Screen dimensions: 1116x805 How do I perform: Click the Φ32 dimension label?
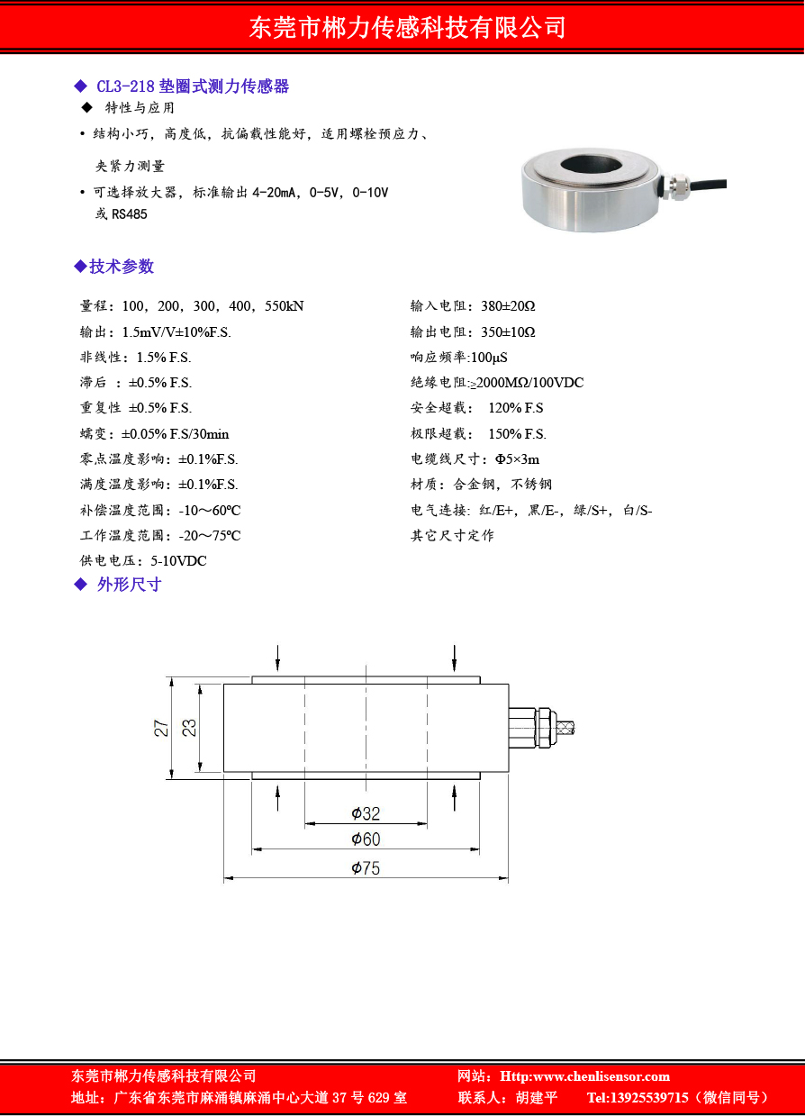pyautogui.click(x=366, y=813)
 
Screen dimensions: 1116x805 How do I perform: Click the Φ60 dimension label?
pyautogui.click(x=366, y=839)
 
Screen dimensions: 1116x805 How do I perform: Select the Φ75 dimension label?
pyautogui.click(x=366, y=867)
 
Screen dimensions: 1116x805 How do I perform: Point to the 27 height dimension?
pyautogui.click(x=161, y=728)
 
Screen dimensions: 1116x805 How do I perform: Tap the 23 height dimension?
pyautogui.click(x=189, y=728)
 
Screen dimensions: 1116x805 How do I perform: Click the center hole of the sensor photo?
pyautogui.click(x=586, y=166)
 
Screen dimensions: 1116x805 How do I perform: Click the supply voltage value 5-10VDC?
pyautogui.click(x=178, y=561)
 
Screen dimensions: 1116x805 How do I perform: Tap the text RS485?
pyautogui.click(x=129, y=214)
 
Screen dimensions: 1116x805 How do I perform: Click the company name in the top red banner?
pyautogui.click(x=407, y=28)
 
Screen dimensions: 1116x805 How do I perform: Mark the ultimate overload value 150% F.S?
pyautogui.click(x=517, y=434)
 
